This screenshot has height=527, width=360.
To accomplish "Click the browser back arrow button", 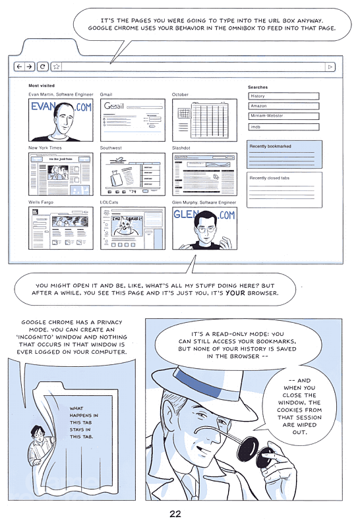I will (x=19, y=67).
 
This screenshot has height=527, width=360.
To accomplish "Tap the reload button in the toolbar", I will (x=43, y=67).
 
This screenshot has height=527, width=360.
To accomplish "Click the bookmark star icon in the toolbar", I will (x=56, y=67).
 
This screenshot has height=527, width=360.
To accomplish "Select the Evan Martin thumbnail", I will (x=61, y=120).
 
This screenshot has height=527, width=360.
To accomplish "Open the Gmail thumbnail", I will (x=133, y=120).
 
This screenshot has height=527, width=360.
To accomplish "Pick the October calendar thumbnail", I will (x=204, y=120).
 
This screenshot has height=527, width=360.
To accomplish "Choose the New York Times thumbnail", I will (x=61, y=174).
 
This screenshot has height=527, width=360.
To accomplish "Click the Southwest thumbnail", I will (x=133, y=174).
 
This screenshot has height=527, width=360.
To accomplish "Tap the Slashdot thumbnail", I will (x=204, y=174).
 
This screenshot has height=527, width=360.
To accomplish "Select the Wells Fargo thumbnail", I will (x=61, y=228).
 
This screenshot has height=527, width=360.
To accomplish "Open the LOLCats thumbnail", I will (x=133, y=228).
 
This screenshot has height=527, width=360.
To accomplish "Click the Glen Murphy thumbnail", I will (x=204, y=228).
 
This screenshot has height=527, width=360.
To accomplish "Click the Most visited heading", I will (x=42, y=86).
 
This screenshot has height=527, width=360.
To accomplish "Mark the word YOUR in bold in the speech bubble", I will (x=234, y=293).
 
